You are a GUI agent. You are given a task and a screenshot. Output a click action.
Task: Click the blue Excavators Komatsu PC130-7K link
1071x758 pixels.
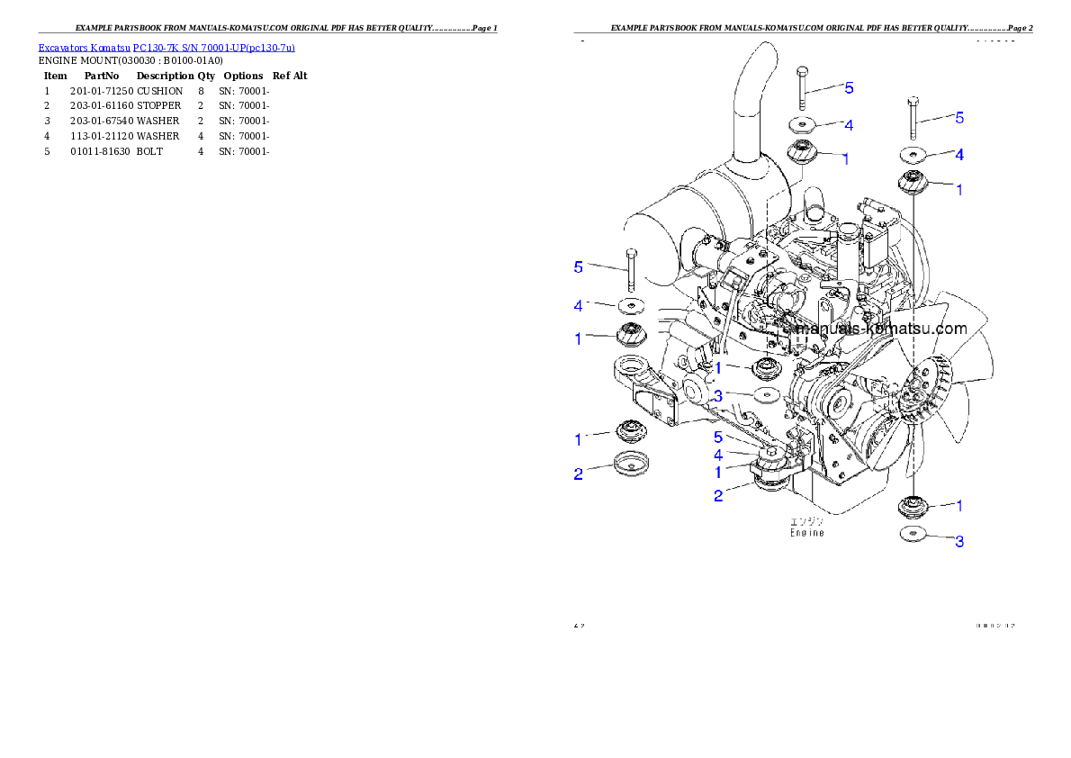166,47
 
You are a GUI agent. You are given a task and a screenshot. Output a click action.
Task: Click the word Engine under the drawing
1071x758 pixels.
806,533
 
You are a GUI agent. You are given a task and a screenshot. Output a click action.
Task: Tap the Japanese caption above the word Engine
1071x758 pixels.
806,521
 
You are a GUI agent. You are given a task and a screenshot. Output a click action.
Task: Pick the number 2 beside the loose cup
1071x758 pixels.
579,474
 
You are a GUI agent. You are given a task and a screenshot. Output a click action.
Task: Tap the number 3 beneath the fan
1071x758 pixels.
959,542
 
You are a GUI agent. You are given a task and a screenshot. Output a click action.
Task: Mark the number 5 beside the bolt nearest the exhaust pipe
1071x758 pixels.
849,88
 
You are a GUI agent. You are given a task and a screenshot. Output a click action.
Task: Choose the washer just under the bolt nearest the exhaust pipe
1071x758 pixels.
803,123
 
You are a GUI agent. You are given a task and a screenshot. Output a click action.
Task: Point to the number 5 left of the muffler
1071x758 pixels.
579,266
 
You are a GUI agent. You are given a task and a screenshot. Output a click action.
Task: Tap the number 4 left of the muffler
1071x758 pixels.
579,306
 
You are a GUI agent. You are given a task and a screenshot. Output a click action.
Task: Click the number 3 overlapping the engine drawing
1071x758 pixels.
718,395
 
